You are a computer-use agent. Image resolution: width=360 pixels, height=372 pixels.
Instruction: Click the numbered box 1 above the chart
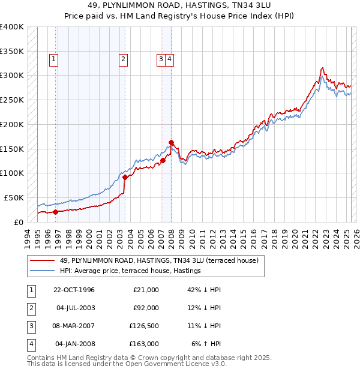(x=54, y=59)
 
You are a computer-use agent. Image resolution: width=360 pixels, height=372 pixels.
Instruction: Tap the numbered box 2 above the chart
(x=122, y=59)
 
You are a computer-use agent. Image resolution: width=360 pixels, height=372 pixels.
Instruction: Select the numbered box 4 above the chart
(x=170, y=59)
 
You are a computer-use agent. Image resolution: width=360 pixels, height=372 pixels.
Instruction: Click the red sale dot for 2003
(x=125, y=177)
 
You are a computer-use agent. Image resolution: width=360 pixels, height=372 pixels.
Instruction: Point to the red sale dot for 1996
(x=55, y=212)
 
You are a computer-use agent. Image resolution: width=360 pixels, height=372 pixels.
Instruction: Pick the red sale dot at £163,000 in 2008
(x=171, y=142)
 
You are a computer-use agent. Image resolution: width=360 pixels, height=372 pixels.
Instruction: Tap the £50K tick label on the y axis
(x=13, y=197)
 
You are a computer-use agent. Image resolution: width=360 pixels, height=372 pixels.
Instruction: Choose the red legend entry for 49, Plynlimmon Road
(x=158, y=260)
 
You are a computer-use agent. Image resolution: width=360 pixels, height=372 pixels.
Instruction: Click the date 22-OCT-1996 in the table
(x=74, y=290)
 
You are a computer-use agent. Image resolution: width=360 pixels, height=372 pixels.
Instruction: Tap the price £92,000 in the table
(x=146, y=308)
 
